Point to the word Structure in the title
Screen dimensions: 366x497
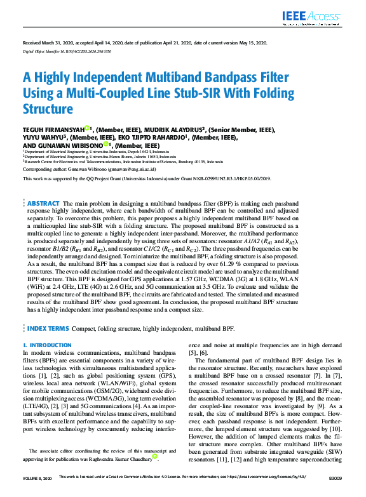pos(48,109)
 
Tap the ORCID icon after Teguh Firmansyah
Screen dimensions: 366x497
pos(87,128)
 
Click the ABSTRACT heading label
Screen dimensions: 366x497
pos(44,204)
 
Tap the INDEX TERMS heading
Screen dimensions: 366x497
pos(48,329)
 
